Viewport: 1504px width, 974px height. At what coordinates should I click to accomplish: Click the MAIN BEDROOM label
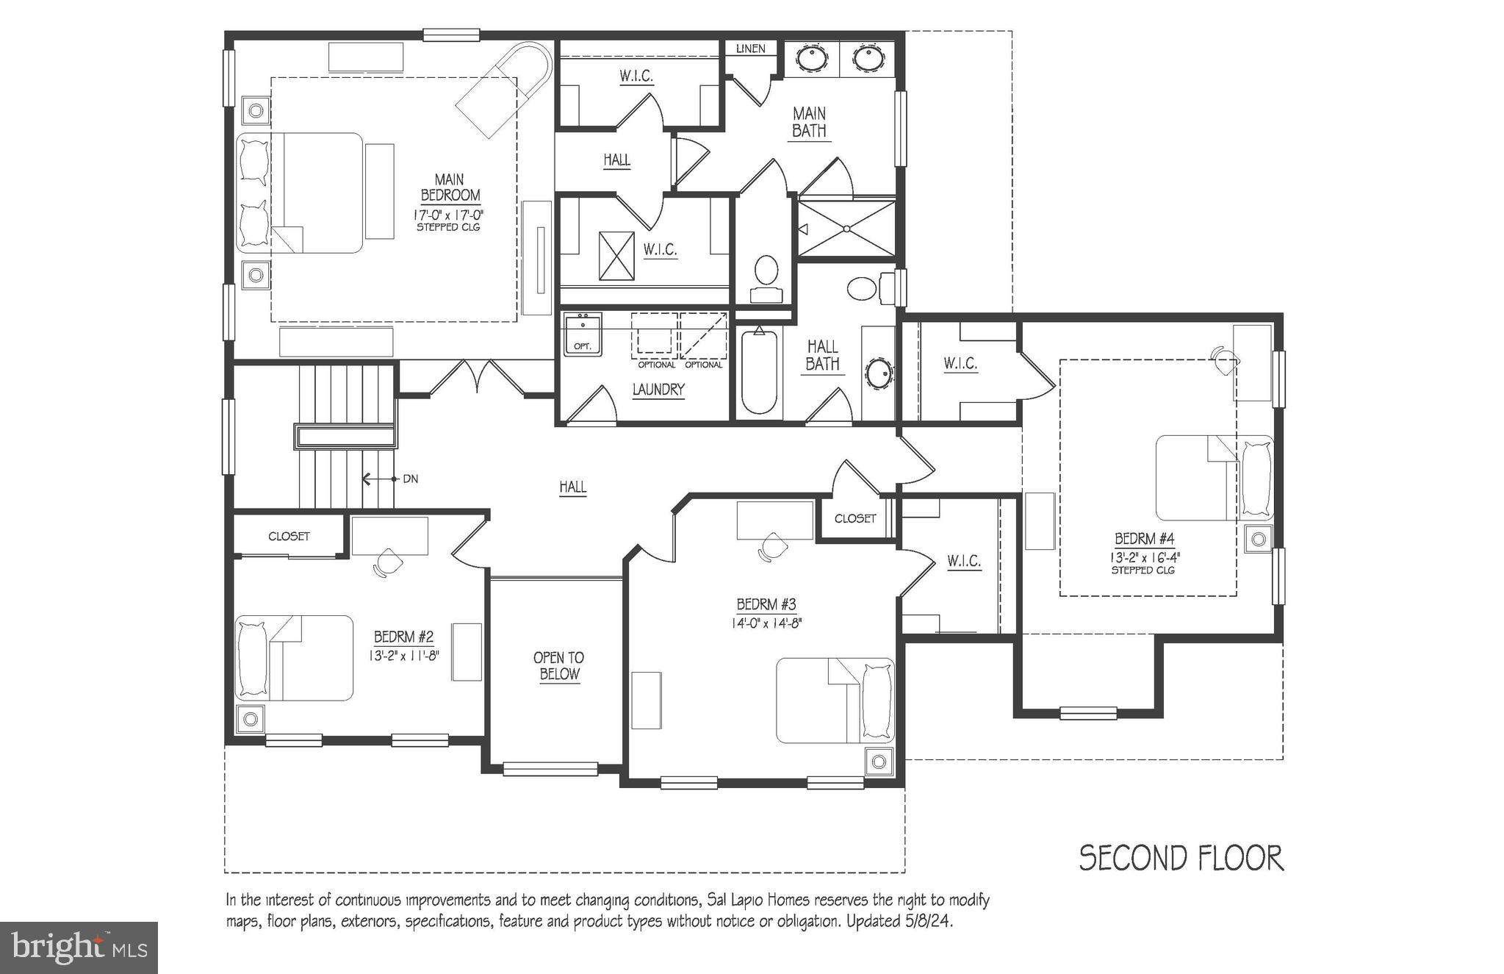click(450, 188)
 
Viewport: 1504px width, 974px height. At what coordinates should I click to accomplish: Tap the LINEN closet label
click(750, 49)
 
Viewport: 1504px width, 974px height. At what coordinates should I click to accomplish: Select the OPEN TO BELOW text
click(558, 666)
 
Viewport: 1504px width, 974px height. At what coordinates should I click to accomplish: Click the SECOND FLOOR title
click(1181, 859)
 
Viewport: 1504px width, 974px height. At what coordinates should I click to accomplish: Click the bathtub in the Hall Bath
click(758, 373)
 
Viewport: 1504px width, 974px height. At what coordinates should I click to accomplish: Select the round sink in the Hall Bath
click(878, 373)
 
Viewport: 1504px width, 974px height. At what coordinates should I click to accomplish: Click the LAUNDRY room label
click(658, 390)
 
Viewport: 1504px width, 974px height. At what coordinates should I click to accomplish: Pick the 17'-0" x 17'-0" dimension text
click(448, 215)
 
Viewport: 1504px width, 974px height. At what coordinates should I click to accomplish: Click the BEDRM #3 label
click(766, 605)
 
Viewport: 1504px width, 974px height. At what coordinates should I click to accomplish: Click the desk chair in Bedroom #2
click(387, 563)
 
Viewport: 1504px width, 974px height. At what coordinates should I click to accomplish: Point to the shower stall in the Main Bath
click(846, 229)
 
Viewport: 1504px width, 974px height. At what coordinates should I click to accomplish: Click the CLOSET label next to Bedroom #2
click(289, 537)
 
